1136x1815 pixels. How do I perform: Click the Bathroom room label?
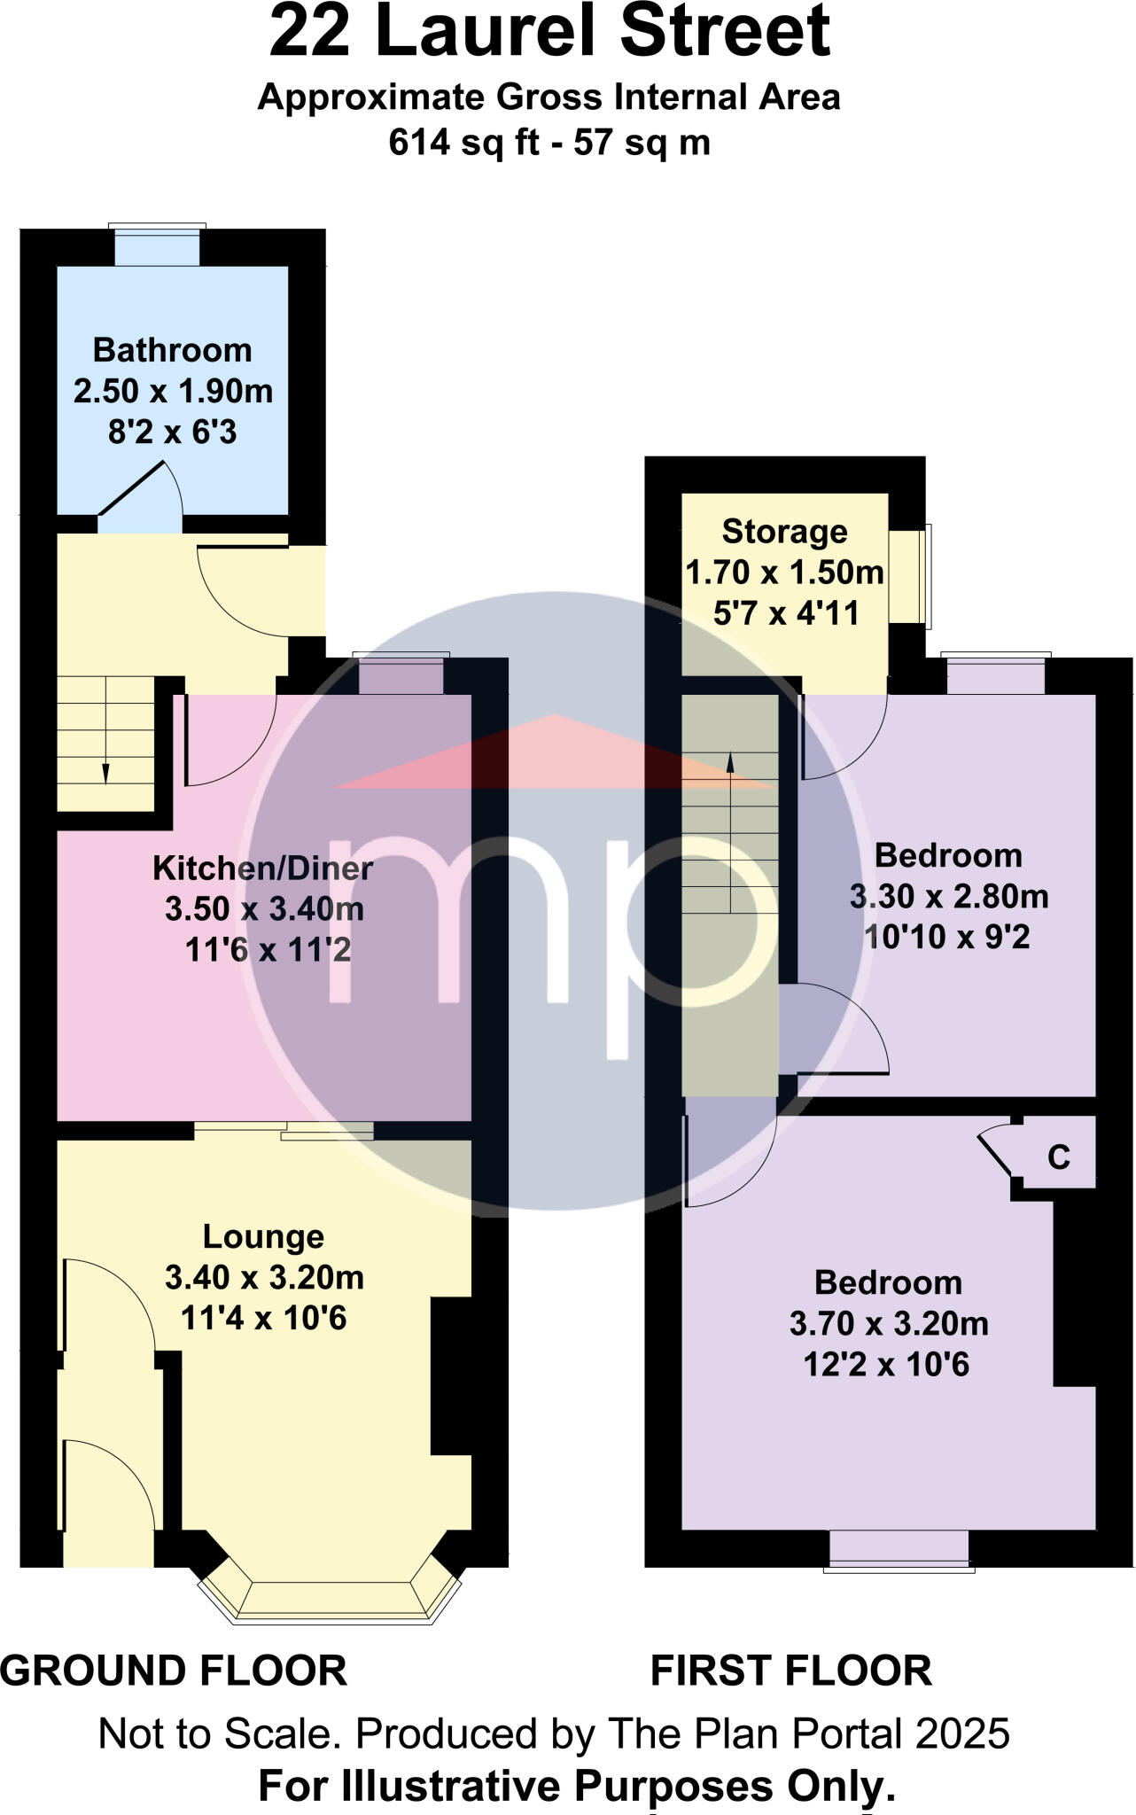click(172, 350)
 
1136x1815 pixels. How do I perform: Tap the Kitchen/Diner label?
click(262, 869)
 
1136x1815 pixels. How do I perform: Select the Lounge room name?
click(263, 1237)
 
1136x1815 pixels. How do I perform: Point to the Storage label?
click(784, 532)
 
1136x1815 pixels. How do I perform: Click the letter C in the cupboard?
click(1059, 1157)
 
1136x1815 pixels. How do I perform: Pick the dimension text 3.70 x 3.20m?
click(888, 1324)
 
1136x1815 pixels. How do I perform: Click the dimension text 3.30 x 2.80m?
click(948, 897)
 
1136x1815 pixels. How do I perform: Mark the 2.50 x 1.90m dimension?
click(173, 391)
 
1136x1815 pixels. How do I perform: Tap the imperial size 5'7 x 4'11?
click(786, 613)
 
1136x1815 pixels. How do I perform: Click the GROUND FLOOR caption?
click(174, 1671)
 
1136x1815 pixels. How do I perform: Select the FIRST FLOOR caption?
click(790, 1671)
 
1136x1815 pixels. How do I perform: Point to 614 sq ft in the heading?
click(463, 143)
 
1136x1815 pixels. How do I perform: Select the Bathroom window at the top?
click(158, 245)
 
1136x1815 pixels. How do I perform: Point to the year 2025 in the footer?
click(962, 1734)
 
